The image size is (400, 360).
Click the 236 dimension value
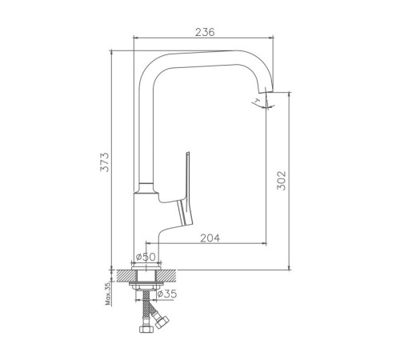[205, 32]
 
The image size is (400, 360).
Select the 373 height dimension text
[105, 162]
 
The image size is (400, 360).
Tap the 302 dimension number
[281, 181]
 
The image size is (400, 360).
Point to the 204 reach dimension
[210, 238]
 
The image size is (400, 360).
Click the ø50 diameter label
[146, 257]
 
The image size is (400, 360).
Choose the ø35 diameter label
[167, 294]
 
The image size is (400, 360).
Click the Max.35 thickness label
[108, 294]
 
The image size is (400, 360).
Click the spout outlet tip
[266, 90]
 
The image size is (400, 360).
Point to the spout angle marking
[262, 104]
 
